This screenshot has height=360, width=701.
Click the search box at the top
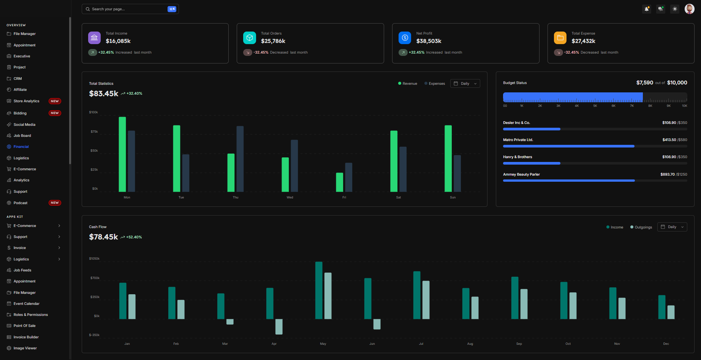(x=125, y=9)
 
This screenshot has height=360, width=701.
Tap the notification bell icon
(x=646, y=9)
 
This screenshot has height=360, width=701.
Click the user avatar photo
(x=689, y=9)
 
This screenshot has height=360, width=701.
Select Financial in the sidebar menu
(x=21, y=147)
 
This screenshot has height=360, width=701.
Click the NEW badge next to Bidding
(x=55, y=113)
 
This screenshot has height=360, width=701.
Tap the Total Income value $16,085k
(x=118, y=41)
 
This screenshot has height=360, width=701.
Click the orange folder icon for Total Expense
(x=560, y=38)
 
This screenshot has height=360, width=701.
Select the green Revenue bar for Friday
(x=339, y=182)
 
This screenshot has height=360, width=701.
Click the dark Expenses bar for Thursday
(x=240, y=159)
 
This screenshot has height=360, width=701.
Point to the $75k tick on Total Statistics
(x=94, y=132)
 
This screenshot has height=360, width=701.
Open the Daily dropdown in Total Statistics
(x=465, y=84)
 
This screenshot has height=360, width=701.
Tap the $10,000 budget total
(x=677, y=82)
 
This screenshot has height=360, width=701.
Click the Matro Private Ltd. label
(x=518, y=140)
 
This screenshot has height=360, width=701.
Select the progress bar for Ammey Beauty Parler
(x=595, y=181)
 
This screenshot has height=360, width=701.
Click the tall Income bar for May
(x=319, y=290)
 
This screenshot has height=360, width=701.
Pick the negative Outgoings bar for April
(x=279, y=327)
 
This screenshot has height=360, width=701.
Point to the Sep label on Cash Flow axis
(x=519, y=344)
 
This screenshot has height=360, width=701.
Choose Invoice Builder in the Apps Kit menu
(x=26, y=337)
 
